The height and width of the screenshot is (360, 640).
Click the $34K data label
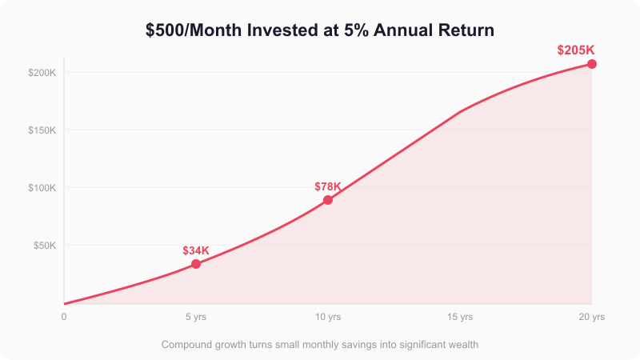(x=196, y=250)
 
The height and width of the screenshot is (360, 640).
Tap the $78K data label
(x=328, y=186)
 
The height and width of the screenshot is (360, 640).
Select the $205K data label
(x=575, y=50)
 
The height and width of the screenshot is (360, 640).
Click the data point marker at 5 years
(x=196, y=264)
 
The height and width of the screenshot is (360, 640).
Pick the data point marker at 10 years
(x=328, y=200)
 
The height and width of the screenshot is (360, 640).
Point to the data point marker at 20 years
(x=592, y=64)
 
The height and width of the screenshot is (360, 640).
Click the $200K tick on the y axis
(x=42, y=73)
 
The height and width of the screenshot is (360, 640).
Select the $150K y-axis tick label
(x=42, y=130)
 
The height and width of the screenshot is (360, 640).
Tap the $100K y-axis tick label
(x=42, y=188)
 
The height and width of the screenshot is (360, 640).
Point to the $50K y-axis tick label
(x=45, y=246)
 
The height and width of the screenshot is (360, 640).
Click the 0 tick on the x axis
(x=64, y=317)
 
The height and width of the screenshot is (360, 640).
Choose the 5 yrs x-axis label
(x=196, y=317)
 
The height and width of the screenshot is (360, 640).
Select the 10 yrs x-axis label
(x=328, y=317)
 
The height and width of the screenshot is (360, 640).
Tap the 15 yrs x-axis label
(x=460, y=317)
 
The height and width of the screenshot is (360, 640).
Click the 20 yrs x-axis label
(x=592, y=317)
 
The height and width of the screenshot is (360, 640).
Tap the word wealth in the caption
(x=460, y=345)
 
